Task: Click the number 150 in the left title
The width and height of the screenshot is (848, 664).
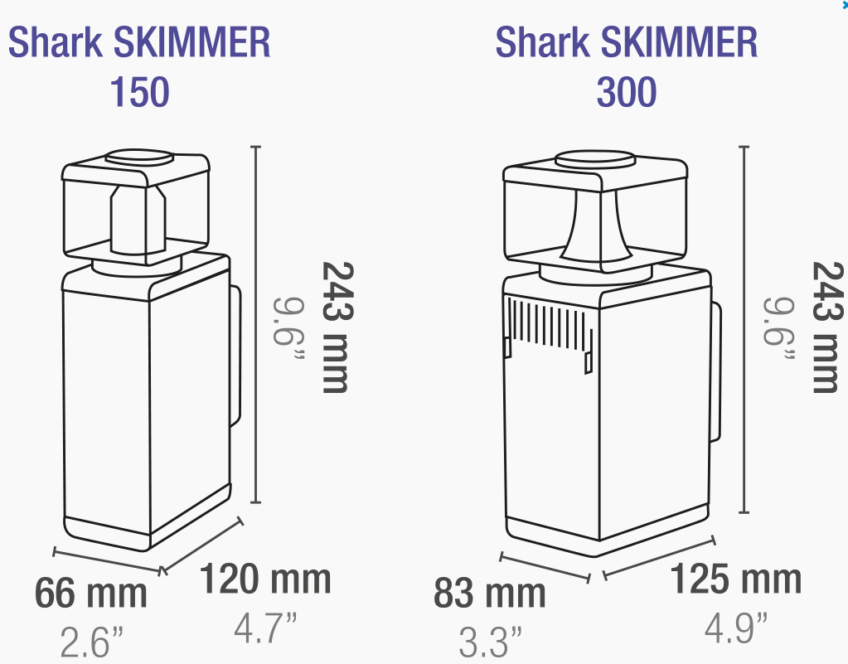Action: [x=139, y=93]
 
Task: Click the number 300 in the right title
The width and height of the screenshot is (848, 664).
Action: [x=626, y=93]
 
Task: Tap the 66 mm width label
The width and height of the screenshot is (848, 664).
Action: [x=90, y=594]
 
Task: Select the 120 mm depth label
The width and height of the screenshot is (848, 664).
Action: [x=264, y=579]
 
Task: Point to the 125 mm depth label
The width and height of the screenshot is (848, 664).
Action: [x=735, y=579]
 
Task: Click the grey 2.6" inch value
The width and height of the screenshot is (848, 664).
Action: [x=91, y=641]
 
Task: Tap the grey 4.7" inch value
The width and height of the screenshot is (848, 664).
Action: [x=264, y=628]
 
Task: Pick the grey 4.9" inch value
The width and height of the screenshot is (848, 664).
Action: [x=735, y=628]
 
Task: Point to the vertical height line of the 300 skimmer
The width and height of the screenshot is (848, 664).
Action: [x=744, y=332]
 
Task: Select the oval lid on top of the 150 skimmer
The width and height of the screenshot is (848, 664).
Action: [x=137, y=157]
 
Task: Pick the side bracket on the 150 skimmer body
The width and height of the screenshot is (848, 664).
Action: [x=235, y=356]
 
